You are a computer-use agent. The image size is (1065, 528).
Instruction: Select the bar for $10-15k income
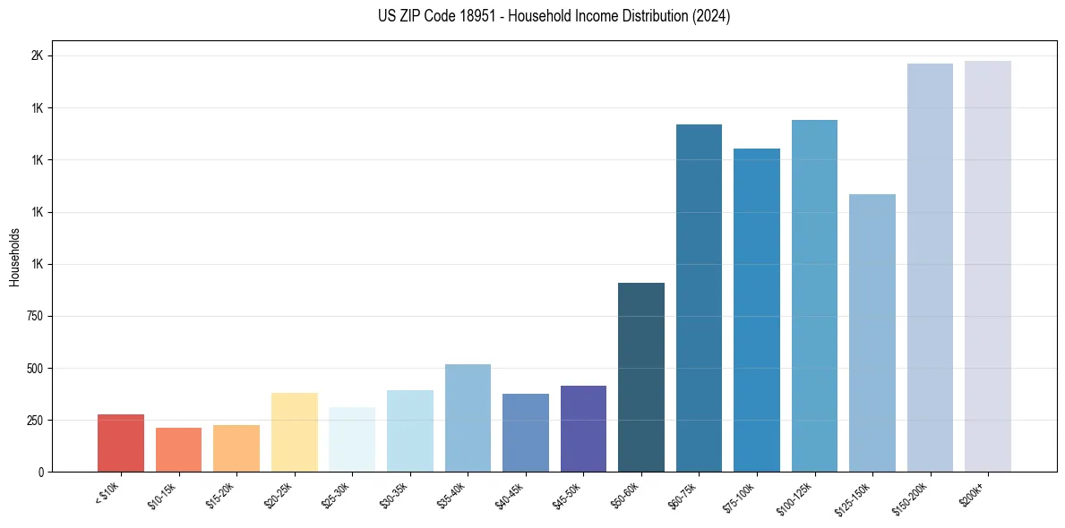(178, 449)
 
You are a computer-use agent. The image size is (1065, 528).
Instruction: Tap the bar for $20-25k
(294, 432)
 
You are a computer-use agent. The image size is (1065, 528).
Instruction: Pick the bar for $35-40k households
(468, 418)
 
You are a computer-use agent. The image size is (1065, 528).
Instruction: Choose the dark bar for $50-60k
(641, 377)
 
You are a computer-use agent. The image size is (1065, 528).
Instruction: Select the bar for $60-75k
(699, 298)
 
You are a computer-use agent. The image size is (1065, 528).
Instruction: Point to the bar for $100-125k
(814, 295)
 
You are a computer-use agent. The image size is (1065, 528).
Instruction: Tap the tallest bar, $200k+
(988, 266)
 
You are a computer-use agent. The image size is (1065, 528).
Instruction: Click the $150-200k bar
(930, 268)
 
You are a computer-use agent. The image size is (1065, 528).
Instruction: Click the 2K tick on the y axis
(37, 56)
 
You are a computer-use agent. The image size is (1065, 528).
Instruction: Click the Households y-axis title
(14, 257)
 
